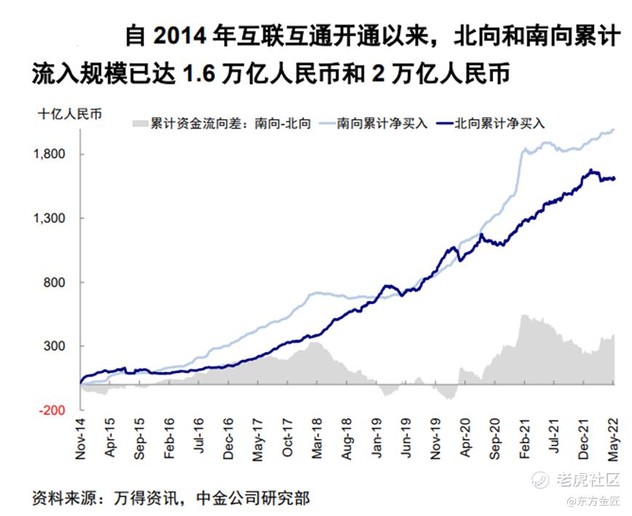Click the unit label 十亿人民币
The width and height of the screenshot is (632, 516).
coord(70,113)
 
